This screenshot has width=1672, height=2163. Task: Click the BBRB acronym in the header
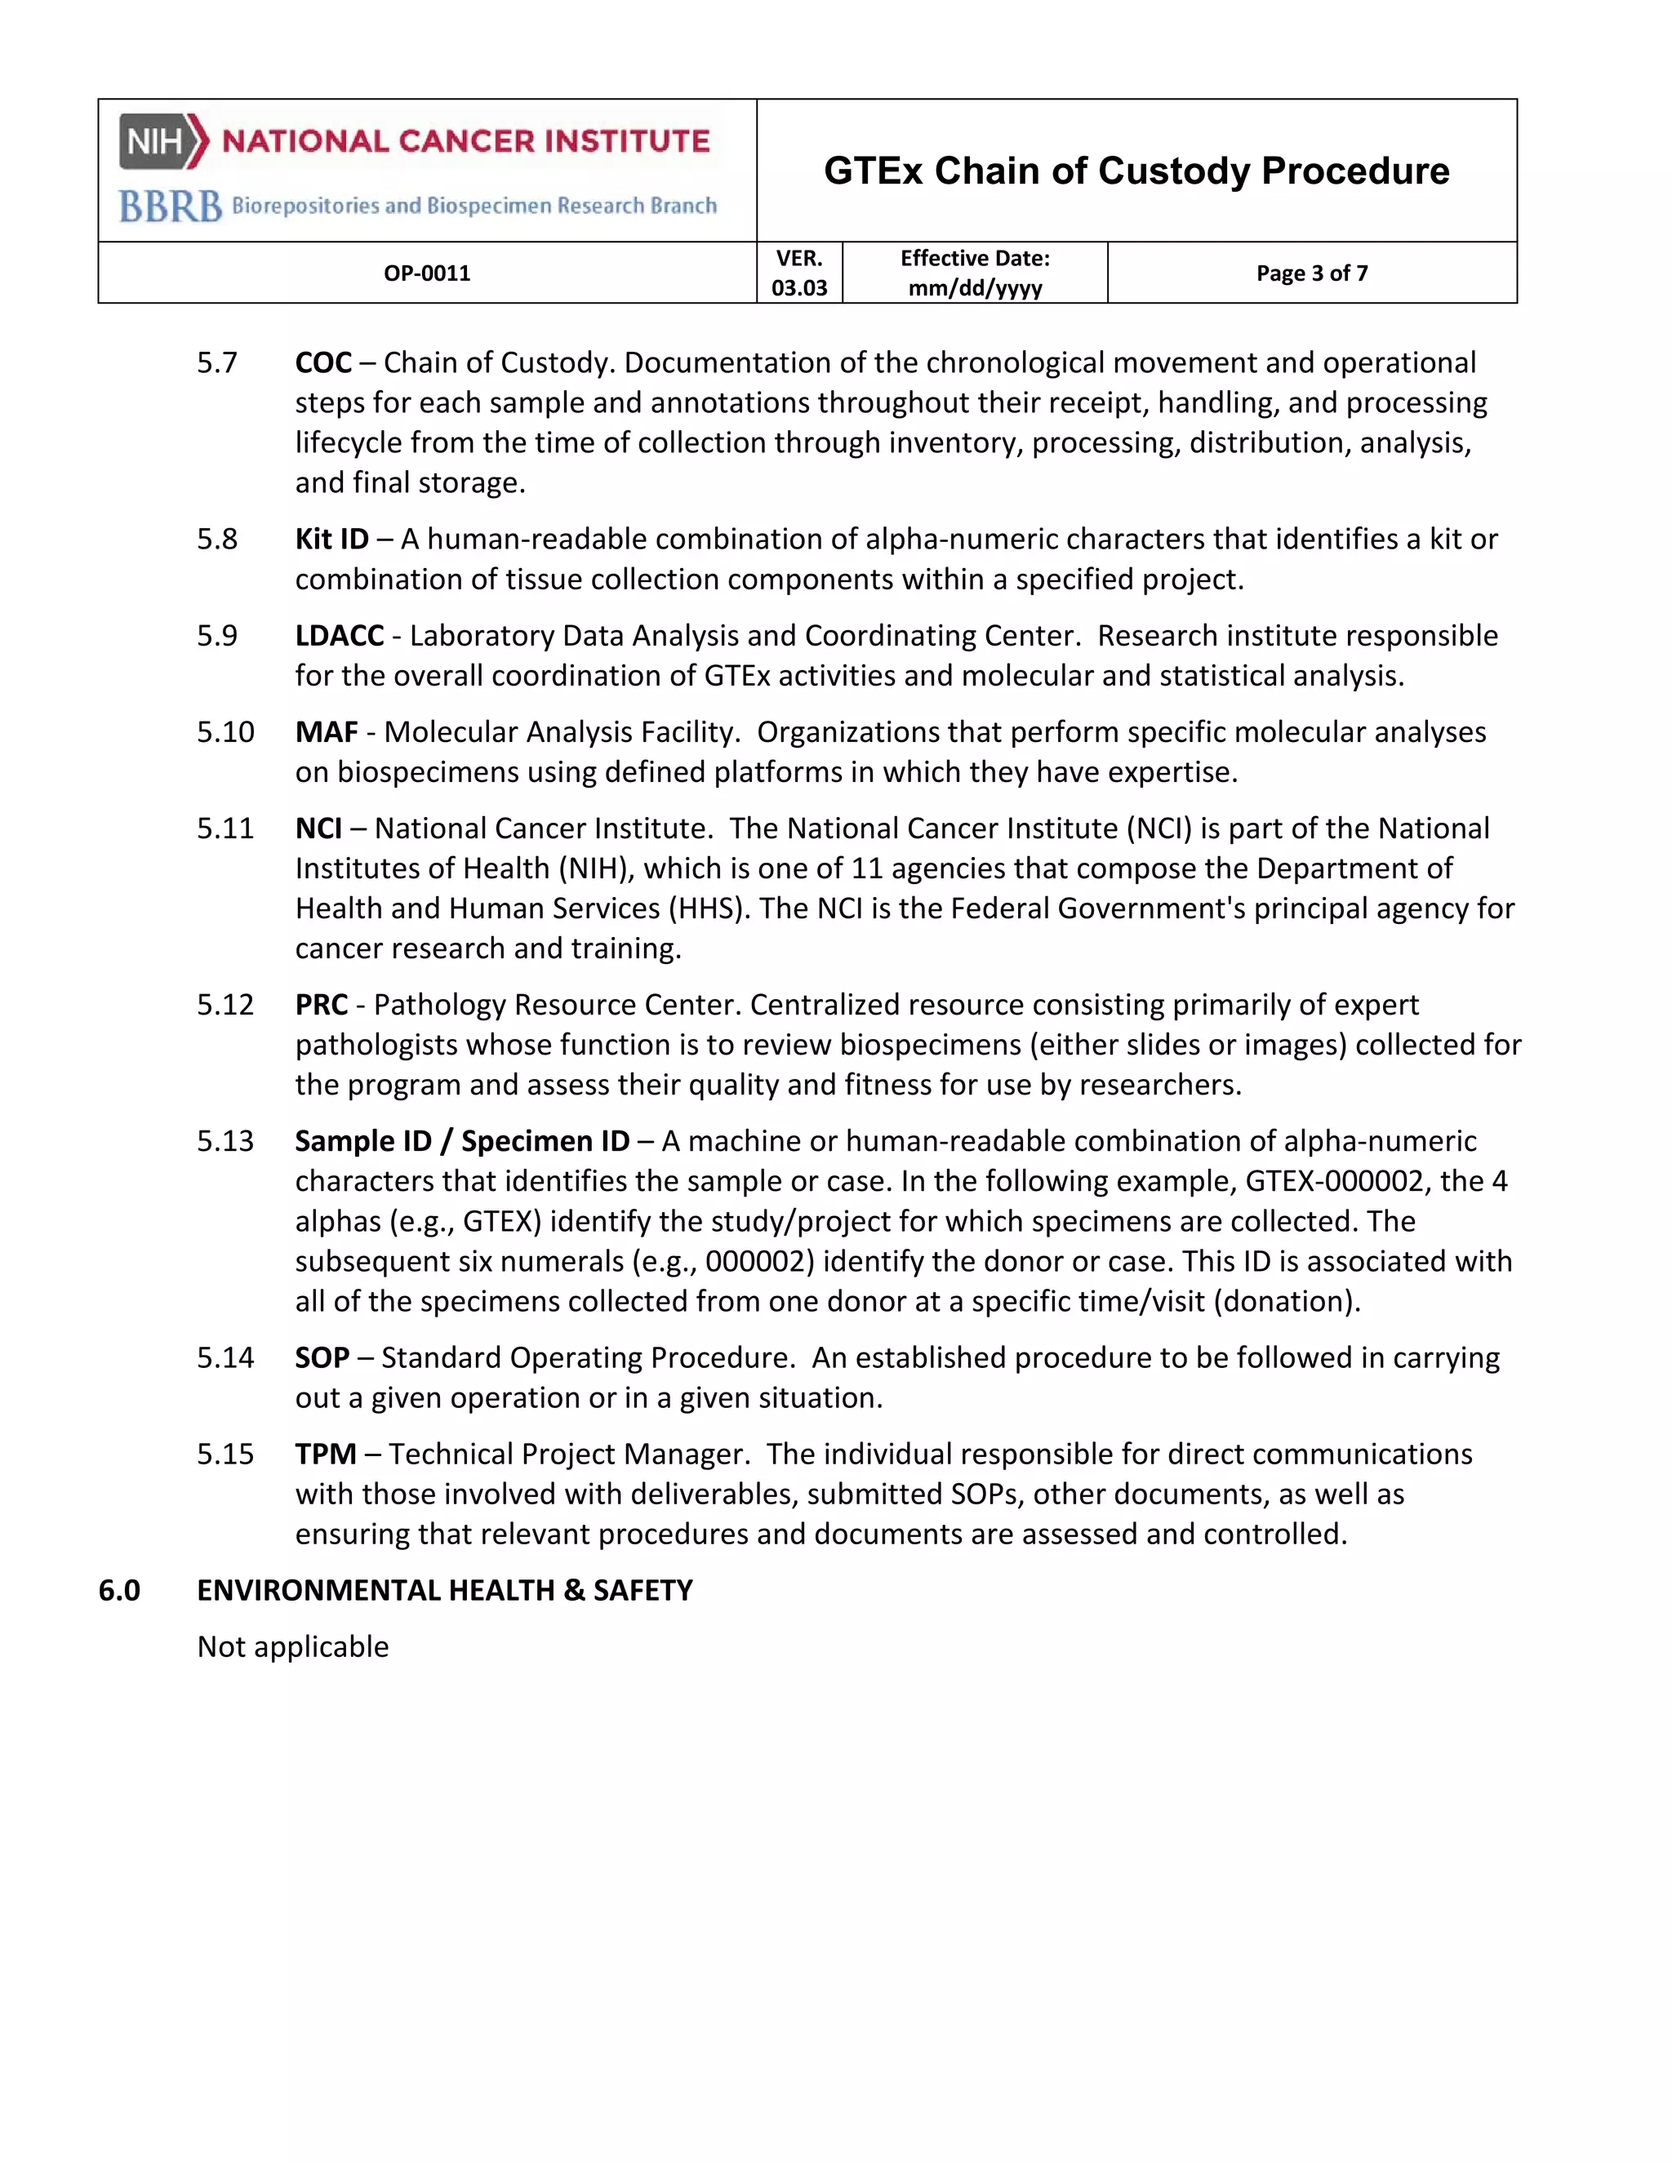coord(171,206)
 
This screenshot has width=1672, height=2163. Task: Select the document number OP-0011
coord(427,273)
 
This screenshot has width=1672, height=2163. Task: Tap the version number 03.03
coord(799,288)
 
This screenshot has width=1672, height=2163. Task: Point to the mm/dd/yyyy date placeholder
coord(975,288)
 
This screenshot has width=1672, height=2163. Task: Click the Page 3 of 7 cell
coord(1311,273)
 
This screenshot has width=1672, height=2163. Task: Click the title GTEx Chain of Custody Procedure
coord(1136,171)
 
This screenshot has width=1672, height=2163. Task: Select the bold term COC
coord(323,362)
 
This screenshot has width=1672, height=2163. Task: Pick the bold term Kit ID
coord(331,539)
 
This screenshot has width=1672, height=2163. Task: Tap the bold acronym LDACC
coord(339,635)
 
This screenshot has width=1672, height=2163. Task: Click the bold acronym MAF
coord(326,732)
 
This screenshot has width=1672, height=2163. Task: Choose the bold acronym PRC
coord(321,1004)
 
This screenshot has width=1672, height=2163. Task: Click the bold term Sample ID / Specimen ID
coord(461,1141)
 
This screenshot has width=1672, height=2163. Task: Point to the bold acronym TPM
coord(325,1454)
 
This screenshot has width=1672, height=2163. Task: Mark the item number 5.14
coord(225,1358)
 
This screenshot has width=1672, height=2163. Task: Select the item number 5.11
coord(225,828)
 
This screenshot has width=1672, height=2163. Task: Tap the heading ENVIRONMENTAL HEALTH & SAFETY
coord(445,1591)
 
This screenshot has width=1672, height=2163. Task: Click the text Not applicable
coord(293,1647)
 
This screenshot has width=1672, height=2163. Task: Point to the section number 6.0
coord(119,1591)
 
